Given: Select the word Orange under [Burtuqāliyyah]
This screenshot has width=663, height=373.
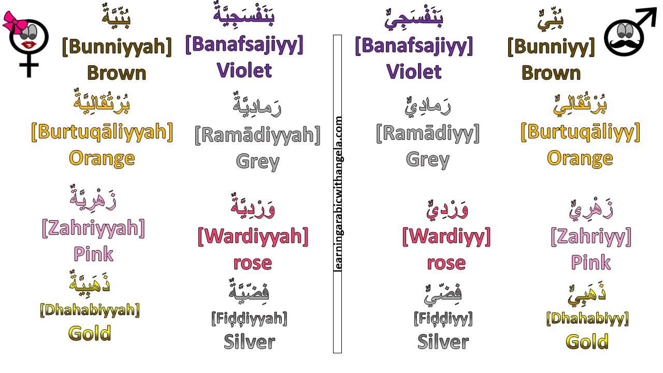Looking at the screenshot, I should click(102, 157).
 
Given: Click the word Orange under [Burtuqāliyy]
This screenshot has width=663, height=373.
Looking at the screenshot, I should click(580, 157).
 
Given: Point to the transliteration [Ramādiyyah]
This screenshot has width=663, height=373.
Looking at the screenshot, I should click(257, 135).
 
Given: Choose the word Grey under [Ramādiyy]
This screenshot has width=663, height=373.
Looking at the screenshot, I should click(427, 159).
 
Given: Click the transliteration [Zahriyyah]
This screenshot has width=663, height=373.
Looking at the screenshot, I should click(93, 228).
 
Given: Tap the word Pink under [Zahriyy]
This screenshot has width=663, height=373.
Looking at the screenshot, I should click(590, 262).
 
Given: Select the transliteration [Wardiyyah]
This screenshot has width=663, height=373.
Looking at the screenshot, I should click(253, 237).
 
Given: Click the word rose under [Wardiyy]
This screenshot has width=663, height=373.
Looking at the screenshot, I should click(446, 263).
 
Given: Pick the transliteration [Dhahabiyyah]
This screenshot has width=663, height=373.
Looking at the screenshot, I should click(90, 310).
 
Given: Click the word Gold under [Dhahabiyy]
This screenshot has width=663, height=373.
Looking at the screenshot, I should click(587, 341).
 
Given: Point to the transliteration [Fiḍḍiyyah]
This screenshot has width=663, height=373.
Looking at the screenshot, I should click(249, 318).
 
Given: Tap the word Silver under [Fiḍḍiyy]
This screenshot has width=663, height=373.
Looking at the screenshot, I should click(443, 341).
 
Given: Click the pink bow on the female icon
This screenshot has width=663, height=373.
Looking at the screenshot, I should click(12, 21).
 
